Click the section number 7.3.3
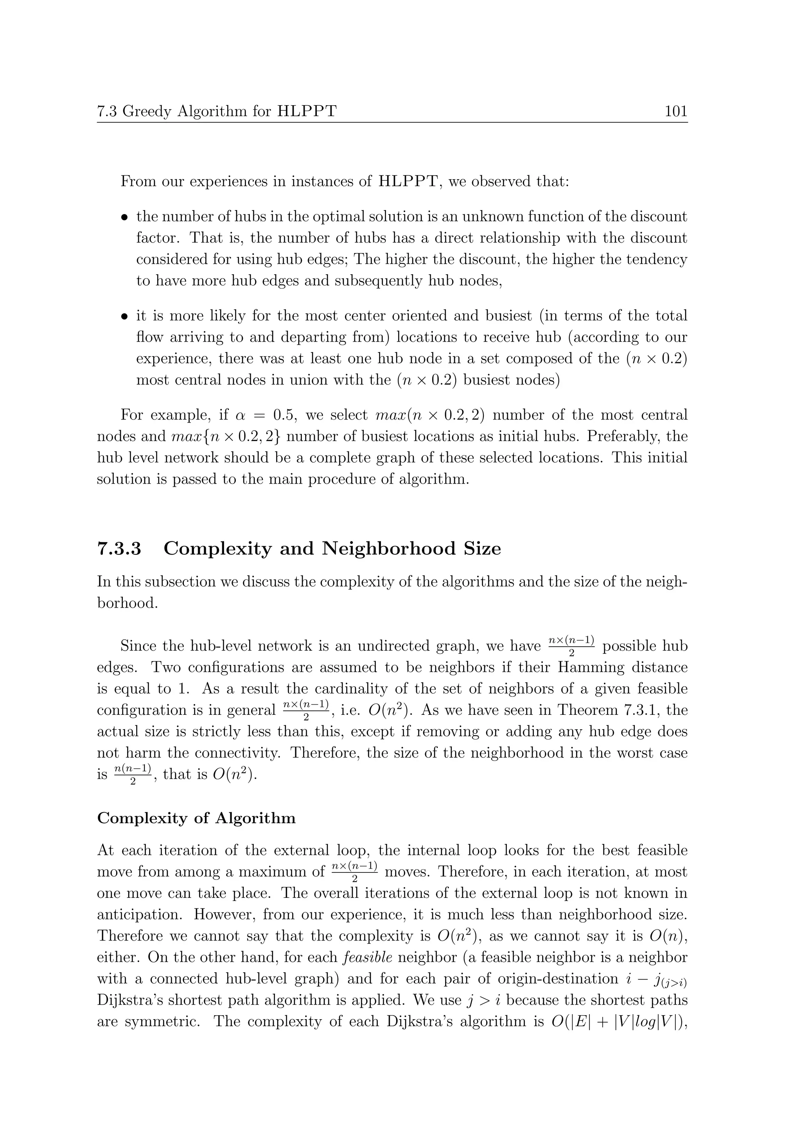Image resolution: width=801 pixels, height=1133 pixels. click(x=119, y=549)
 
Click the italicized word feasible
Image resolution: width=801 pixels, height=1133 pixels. click(x=367, y=958)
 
